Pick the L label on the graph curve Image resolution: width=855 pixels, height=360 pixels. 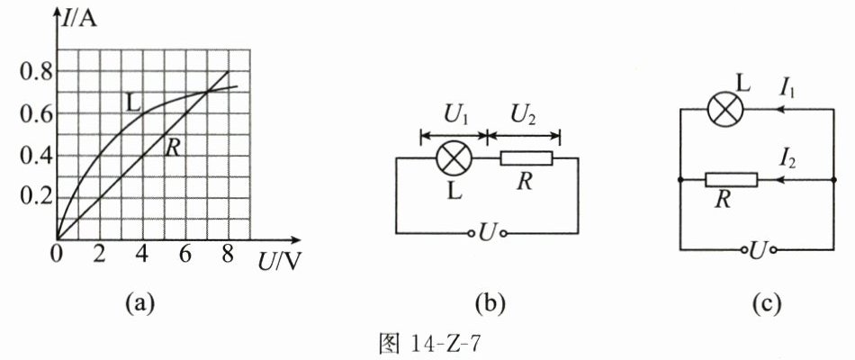(133, 103)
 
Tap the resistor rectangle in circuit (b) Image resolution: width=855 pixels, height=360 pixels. (526, 160)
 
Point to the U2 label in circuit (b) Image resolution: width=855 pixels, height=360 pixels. (523, 114)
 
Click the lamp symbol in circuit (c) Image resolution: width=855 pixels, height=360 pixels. (722, 109)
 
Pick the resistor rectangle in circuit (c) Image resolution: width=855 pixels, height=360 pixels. (731, 180)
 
